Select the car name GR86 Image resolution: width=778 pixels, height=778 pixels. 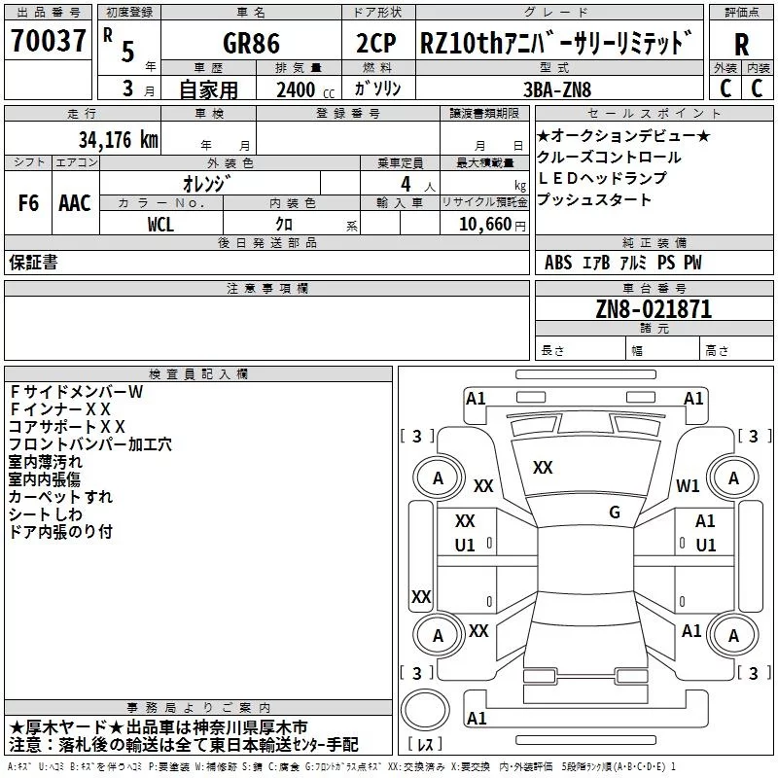251,44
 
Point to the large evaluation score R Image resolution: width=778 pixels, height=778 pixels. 741,45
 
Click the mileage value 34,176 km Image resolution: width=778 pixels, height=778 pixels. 118,139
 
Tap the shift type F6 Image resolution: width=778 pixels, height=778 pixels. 28,203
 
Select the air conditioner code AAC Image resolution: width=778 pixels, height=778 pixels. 74,203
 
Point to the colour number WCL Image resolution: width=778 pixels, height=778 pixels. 161,224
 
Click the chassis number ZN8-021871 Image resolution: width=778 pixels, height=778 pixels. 654,310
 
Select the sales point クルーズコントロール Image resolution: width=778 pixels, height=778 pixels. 609,158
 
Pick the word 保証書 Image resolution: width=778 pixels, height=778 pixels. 33,262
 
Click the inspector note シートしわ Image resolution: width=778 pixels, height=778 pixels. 47,514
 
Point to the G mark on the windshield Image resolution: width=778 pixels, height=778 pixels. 615,513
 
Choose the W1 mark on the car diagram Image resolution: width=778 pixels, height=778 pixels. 689,486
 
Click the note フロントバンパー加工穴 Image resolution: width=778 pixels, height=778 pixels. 89,444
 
